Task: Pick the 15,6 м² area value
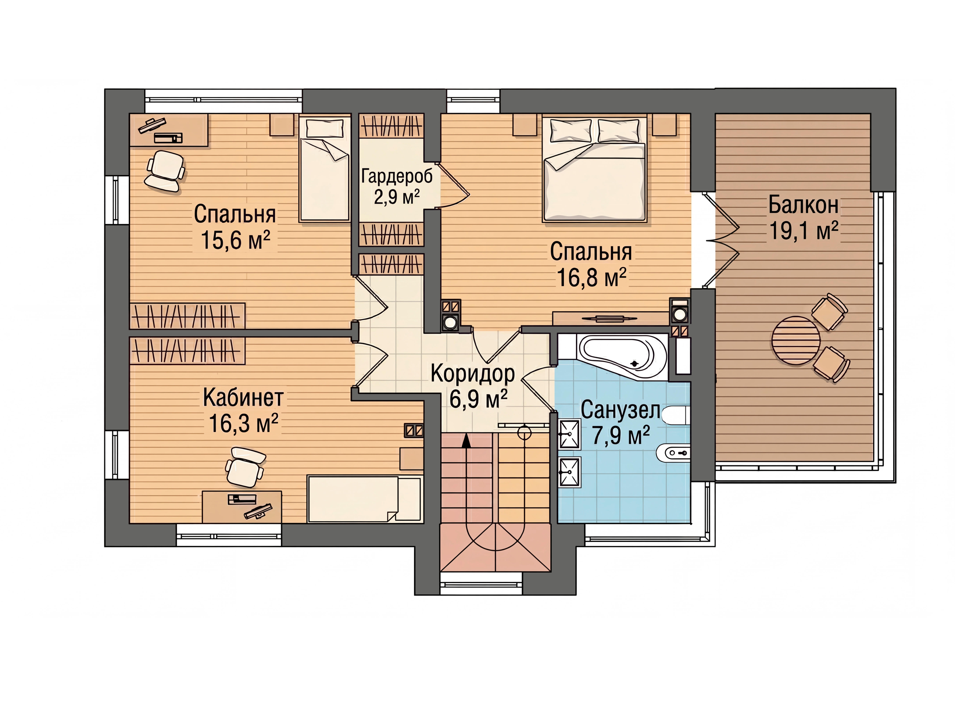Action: tap(235, 240)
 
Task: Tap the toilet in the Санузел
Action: tap(675, 415)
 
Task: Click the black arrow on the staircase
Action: tap(466, 440)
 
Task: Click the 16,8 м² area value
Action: tap(591, 277)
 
